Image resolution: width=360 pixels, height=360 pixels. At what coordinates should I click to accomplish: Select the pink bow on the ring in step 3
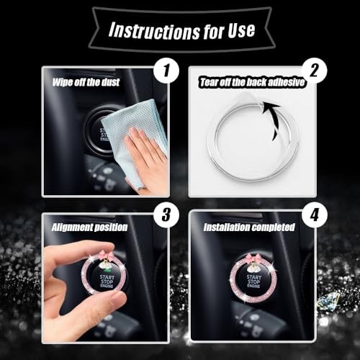[x=106, y=256]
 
